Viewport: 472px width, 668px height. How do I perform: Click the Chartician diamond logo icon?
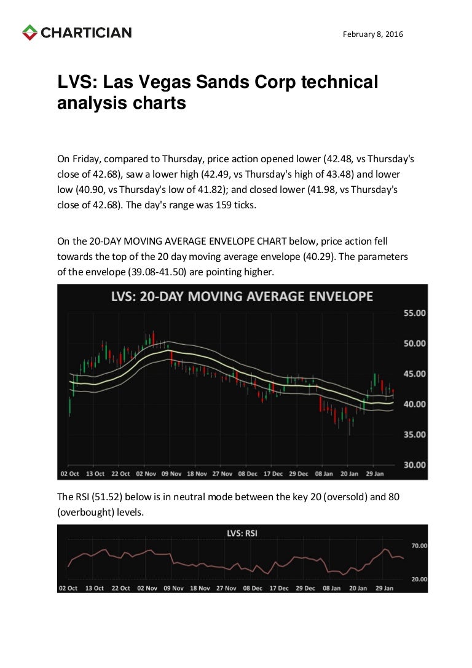coord(29,33)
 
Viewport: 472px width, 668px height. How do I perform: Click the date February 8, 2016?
coord(373,34)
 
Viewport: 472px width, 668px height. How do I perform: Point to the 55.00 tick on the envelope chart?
coord(414,313)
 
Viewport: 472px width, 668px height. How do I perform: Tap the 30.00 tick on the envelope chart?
coord(414,465)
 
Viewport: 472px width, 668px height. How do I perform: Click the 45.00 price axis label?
coord(414,374)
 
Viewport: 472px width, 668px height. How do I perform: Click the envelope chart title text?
coord(242,297)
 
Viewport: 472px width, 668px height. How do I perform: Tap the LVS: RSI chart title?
coord(242,533)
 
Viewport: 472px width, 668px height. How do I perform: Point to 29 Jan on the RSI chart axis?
coord(383,588)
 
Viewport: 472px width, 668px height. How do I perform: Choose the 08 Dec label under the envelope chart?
coord(248,474)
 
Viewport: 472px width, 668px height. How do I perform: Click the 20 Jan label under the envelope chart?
coord(349,474)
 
